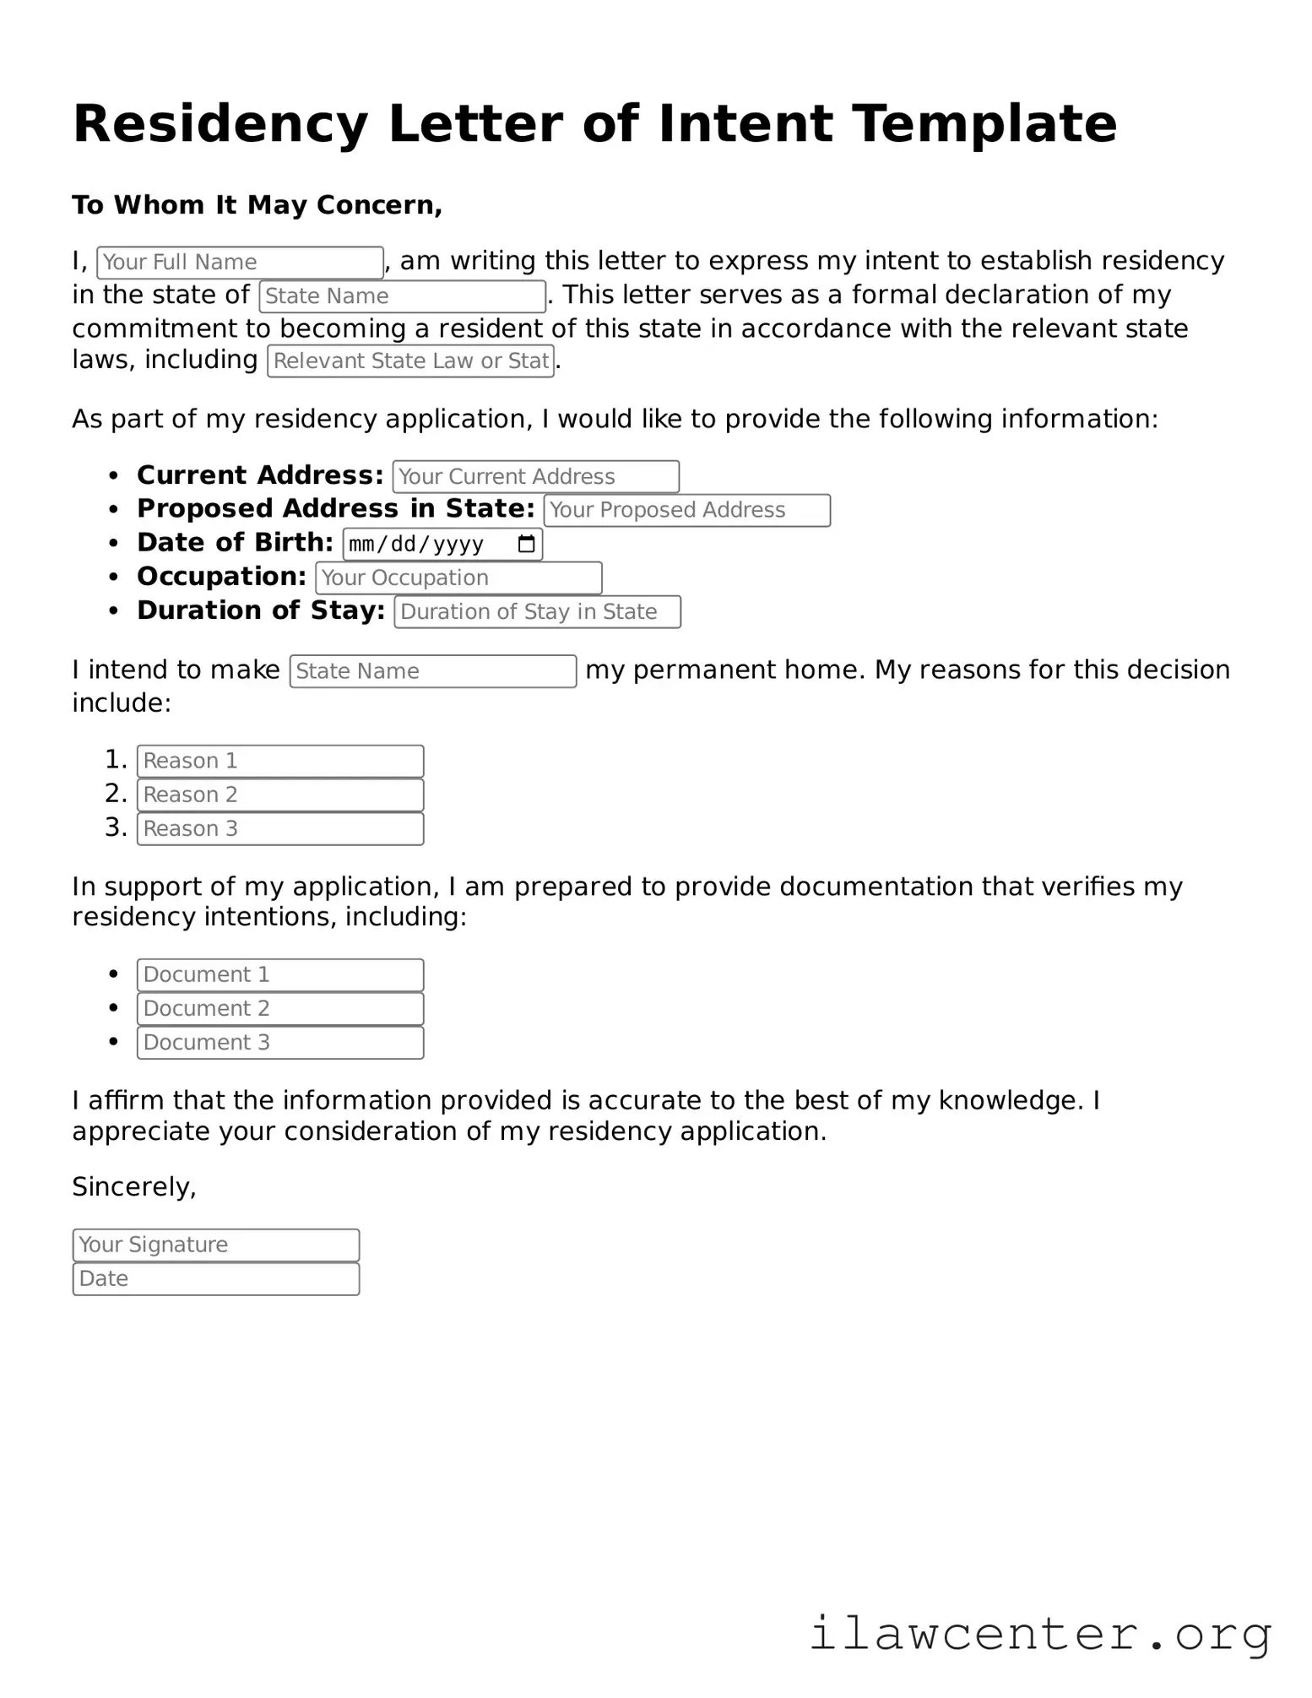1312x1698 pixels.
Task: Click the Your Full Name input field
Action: (x=241, y=263)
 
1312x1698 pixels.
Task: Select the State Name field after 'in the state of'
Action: (x=402, y=296)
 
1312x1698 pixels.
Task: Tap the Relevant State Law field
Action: (x=410, y=361)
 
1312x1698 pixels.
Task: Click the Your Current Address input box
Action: (x=535, y=477)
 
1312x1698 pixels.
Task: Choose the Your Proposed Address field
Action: (x=686, y=511)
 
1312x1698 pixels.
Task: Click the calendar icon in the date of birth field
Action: (x=526, y=545)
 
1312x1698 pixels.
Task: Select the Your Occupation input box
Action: (x=458, y=578)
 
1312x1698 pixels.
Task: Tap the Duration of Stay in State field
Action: (x=537, y=612)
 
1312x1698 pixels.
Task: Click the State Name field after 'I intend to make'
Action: (x=432, y=671)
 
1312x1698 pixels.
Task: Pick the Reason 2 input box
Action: (x=280, y=795)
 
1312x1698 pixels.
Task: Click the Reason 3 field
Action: (x=280, y=829)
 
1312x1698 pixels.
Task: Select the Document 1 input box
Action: (x=280, y=975)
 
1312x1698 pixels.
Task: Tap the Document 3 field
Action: (x=280, y=1043)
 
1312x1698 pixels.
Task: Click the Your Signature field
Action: (x=216, y=1245)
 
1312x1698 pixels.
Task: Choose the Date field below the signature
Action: (x=216, y=1279)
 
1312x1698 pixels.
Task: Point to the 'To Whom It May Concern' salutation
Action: (x=257, y=205)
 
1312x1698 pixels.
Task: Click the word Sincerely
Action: (x=133, y=1187)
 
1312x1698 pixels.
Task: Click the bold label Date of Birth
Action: (x=235, y=543)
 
